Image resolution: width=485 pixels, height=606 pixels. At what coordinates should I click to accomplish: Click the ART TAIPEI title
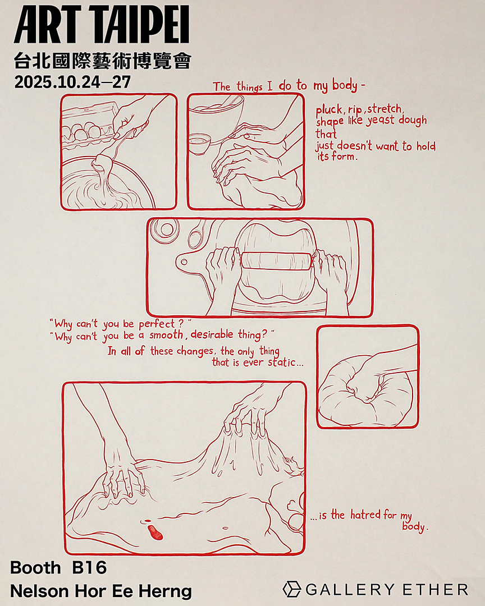[102, 24]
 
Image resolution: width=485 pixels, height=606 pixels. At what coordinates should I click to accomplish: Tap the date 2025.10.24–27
[73, 82]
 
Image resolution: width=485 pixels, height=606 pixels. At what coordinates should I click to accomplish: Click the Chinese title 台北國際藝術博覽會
[103, 61]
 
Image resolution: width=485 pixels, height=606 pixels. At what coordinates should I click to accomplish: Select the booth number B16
[89, 568]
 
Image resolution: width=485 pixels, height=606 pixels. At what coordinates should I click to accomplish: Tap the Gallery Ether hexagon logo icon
[292, 589]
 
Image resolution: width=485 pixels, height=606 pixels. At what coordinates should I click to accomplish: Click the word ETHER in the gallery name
[435, 590]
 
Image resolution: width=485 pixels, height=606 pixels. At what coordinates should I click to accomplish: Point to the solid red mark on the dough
[155, 532]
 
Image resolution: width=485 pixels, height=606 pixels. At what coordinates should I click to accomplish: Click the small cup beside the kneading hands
[200, 143]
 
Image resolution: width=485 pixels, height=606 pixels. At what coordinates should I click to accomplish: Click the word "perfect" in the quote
[157, 324]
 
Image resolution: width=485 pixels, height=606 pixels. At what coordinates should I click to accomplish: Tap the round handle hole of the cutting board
[184, 262]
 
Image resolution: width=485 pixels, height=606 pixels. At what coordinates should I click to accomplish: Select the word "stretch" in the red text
[385, 109]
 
